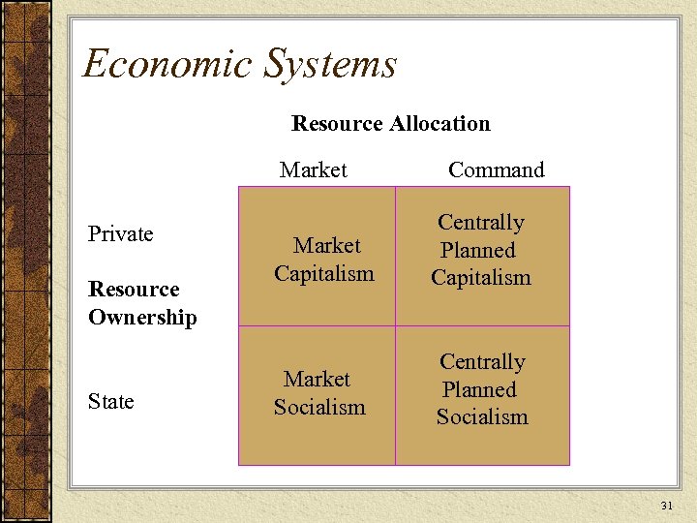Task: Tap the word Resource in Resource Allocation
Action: pos(336,124)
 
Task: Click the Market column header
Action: pos(313,170)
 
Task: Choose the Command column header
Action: pos(496,170)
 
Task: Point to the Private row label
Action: pos(121,234)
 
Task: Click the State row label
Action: pos(111,401)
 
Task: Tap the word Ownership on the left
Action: pos(142,318)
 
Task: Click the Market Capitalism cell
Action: pos(324,260)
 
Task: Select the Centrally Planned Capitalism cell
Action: pos(481,250)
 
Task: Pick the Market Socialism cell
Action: pos(319,393)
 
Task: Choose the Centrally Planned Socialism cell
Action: pos(482,389)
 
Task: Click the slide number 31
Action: pos(665,506)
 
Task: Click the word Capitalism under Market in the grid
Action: pos(324,274)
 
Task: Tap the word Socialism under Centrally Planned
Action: pos(482,417)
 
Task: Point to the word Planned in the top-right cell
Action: pos(478,250)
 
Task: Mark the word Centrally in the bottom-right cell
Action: pos(482,362)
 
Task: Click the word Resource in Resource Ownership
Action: pos(134,290)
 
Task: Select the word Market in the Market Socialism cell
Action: pos(318,380)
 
